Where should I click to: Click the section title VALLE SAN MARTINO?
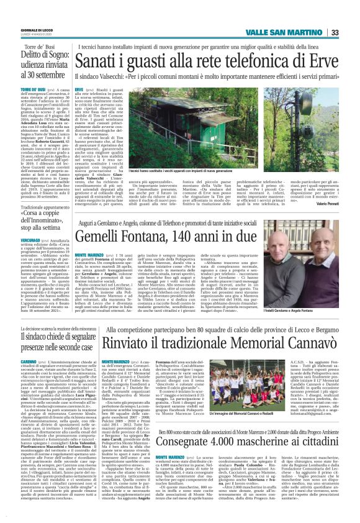(x=298, y=33)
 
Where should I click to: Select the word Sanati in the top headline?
(x=97, y=61)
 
